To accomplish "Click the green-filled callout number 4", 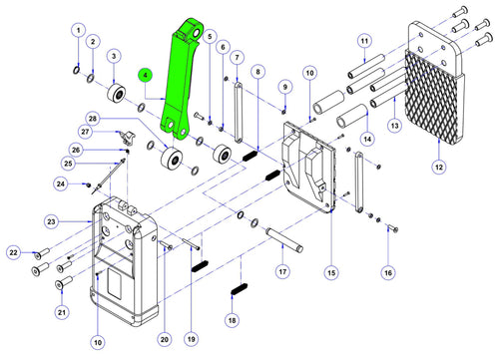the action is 146,76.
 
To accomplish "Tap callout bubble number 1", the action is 79,31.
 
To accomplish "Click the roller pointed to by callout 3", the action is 117,93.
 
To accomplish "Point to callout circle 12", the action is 439,167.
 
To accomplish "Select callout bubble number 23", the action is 51,221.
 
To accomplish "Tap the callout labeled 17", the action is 282,272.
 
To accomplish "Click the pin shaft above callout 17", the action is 284,239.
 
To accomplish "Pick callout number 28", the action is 93,119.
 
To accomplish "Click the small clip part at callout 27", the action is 128,138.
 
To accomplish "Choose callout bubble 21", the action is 62,312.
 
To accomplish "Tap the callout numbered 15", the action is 331,273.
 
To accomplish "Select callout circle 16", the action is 388,273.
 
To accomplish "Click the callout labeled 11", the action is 364,41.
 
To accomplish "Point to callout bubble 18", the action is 232,320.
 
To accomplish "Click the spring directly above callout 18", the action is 239,289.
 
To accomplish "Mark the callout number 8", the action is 258,72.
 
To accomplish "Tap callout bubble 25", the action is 68,164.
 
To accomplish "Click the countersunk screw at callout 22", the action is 42,253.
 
